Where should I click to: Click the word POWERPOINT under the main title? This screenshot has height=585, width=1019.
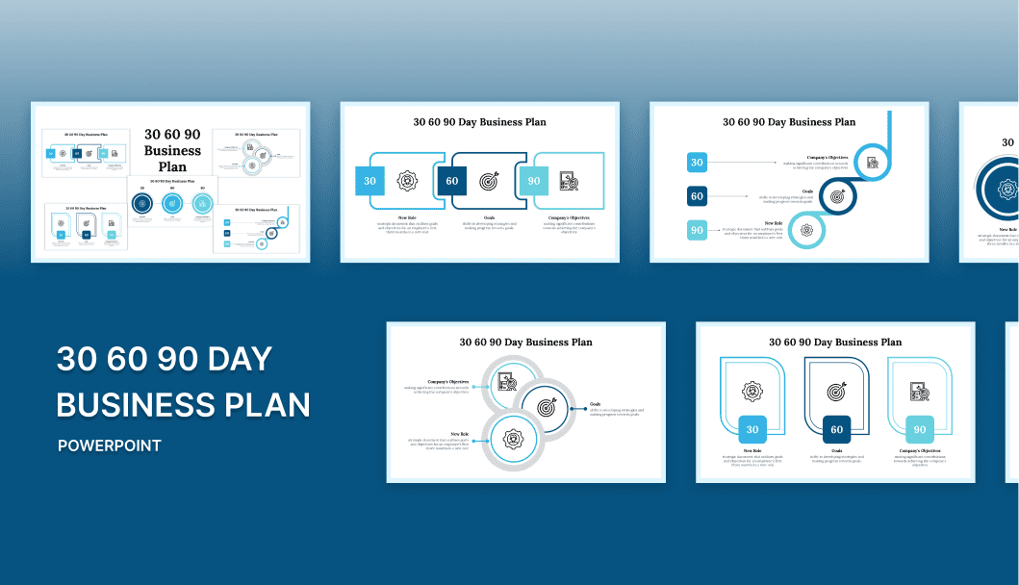109,445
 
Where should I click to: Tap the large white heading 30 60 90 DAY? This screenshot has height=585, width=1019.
165,359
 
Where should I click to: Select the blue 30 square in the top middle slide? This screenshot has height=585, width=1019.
370,181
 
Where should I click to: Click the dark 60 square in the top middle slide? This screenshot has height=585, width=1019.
451,181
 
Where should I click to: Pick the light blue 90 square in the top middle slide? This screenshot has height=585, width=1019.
533,181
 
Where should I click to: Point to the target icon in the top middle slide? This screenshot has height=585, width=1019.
490,181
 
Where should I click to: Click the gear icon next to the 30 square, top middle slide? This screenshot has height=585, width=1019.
408,181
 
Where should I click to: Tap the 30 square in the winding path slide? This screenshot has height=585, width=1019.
698,163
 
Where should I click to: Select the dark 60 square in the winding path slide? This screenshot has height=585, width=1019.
698,196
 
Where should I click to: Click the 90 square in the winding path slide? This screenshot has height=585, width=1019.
698,230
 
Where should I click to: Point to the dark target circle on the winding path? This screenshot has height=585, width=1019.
837,196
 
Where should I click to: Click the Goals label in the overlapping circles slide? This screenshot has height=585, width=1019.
596,404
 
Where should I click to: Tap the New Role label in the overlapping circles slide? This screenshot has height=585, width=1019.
460,434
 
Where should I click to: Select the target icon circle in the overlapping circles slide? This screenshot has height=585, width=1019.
547,407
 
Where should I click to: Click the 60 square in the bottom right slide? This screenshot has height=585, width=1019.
836,430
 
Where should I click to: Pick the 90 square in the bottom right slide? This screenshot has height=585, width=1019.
920,430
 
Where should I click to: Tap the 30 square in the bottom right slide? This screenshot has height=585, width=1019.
752,430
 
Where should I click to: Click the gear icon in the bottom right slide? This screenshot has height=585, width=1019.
752,392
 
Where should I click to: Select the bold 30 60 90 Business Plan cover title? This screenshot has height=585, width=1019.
172,151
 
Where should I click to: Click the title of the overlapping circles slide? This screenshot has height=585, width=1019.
525,342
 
